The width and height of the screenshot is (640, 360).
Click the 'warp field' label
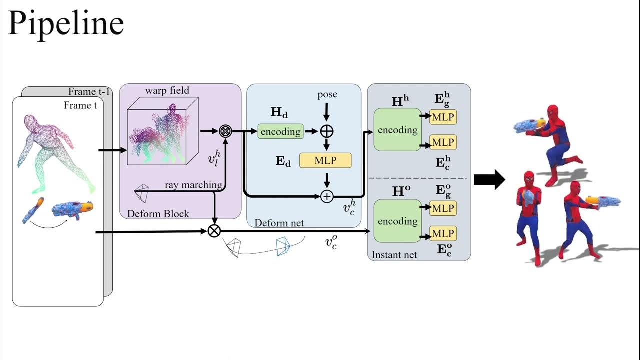point(167,90)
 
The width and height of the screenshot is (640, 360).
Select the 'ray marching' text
point(193,185)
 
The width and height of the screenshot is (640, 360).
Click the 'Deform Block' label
point(158,214)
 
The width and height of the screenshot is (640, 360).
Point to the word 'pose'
point(327,94)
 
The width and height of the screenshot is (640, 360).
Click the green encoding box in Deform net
point(281,131)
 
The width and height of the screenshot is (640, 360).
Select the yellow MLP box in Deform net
point(325,160)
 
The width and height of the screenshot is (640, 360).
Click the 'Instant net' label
point(394,255)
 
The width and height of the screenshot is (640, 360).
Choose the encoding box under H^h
point(397,130)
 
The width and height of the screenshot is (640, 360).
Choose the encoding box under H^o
point(397,221)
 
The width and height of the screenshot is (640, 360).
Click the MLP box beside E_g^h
point(443,116)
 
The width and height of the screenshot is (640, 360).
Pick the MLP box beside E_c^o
point(443,233)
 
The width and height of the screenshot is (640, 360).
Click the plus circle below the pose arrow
point(327,131)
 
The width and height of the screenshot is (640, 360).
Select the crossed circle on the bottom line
point(214,231)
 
